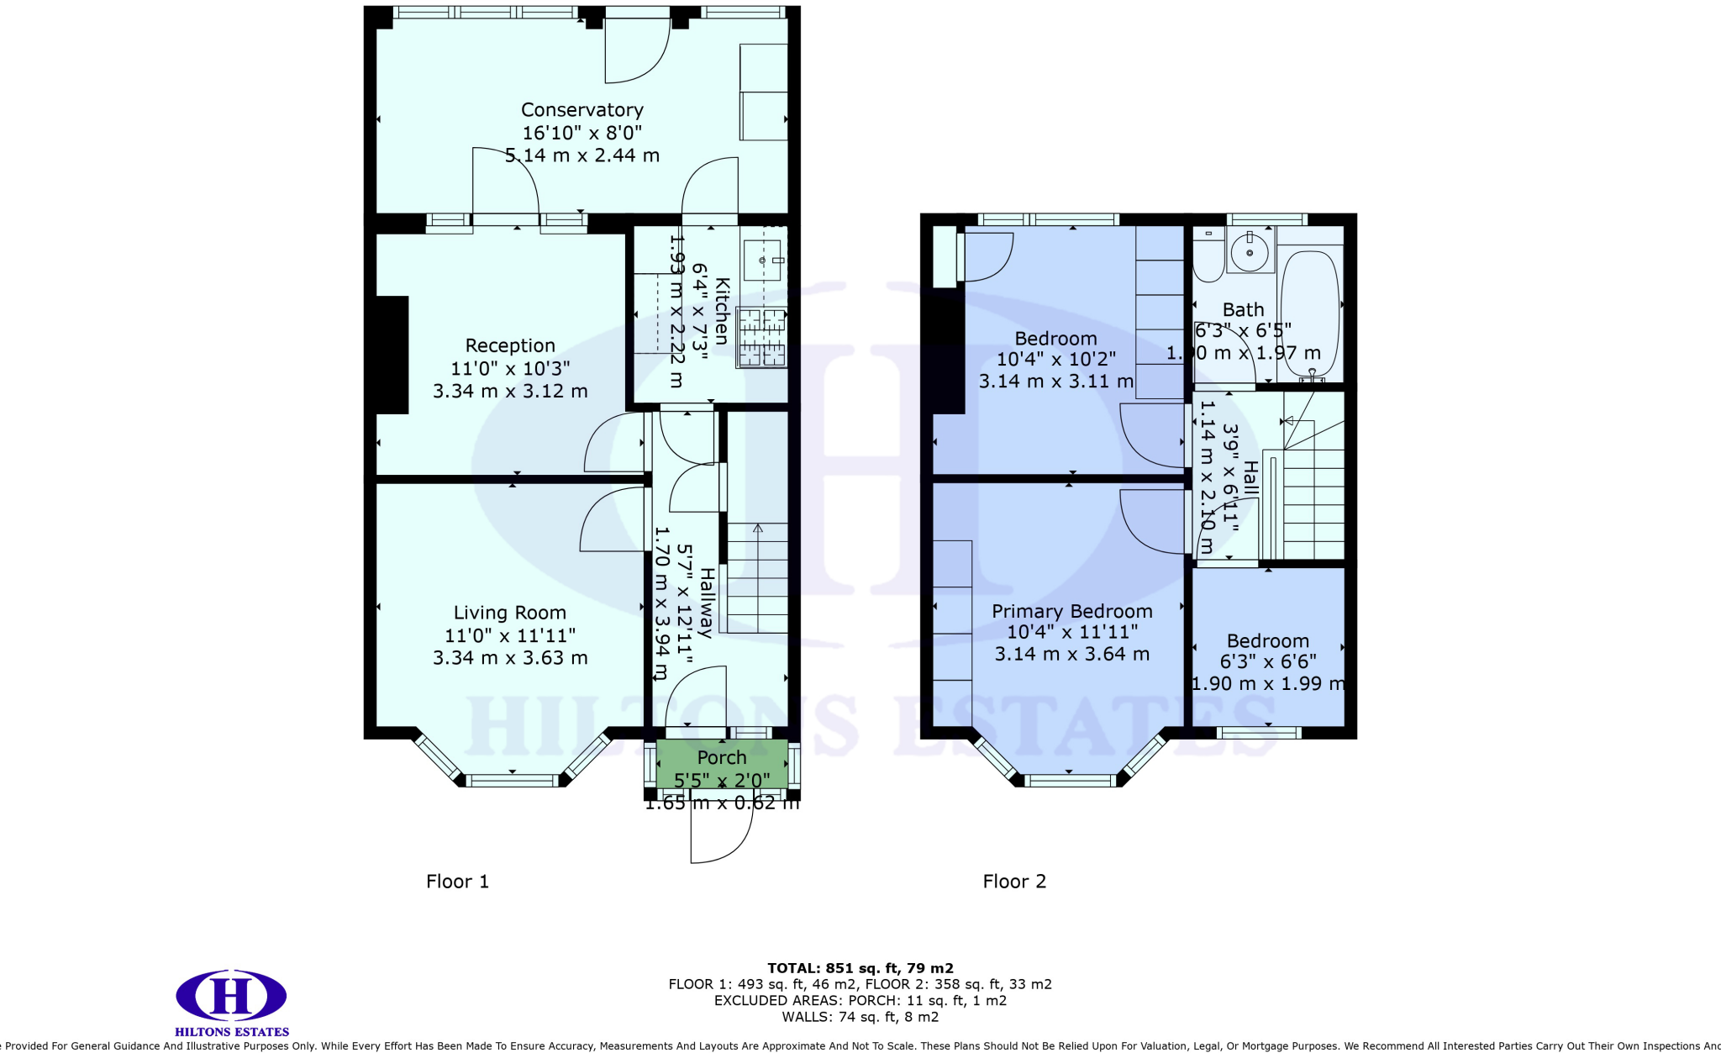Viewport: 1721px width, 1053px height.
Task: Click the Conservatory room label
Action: click(x=582, y=110)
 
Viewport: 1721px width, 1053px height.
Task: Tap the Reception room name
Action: click(x=510, y=345)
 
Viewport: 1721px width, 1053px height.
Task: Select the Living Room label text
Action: click(x=510, y=613)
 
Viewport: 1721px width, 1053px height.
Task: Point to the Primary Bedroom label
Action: click(x=1071, y=611)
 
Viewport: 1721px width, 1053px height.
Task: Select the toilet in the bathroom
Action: click(x=1208, y=256)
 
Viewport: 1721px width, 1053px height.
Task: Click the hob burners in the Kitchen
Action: click(x=761, y=337)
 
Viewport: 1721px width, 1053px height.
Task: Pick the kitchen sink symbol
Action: click(x=763, y=261)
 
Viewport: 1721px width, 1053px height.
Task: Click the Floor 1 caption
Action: click(x=457, y=881)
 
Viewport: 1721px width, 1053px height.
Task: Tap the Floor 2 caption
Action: click(x=1014, y=881)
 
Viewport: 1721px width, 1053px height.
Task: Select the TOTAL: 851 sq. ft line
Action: click(x=860, y=968)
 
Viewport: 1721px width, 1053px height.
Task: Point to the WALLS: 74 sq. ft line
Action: click(x=860, y=1017)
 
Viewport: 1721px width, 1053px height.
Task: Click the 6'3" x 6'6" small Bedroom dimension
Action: click(x=1267, y=662)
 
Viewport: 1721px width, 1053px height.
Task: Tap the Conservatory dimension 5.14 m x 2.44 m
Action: click(x=582, y=155)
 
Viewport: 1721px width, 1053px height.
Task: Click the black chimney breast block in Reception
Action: click(x=392, y=355)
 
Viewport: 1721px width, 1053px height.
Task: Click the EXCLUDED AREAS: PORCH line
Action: click(x=860, y=1000)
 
